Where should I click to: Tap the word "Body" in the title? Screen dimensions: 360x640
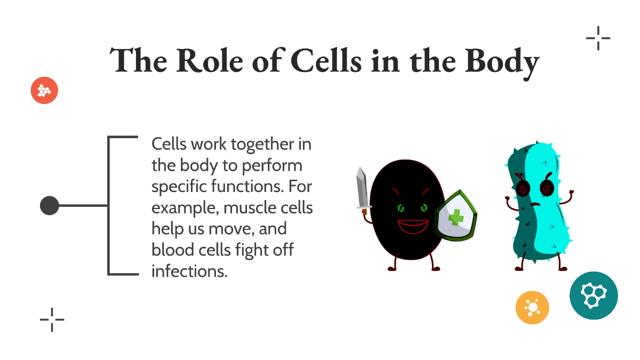(x=502, y=61)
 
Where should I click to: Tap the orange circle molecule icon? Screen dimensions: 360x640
(x=532, y=308)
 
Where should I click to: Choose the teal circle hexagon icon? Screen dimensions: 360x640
(x=594, y=295)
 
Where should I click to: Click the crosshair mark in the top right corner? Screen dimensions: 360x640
(x=598, y=38)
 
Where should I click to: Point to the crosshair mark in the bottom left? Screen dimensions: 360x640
(x=52, y=319)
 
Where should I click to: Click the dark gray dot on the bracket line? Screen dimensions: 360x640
(x=50, y=205)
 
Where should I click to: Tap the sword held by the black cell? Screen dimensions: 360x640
(x=362, y=189)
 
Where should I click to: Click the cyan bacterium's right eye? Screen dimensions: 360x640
(x=546, y=188)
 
